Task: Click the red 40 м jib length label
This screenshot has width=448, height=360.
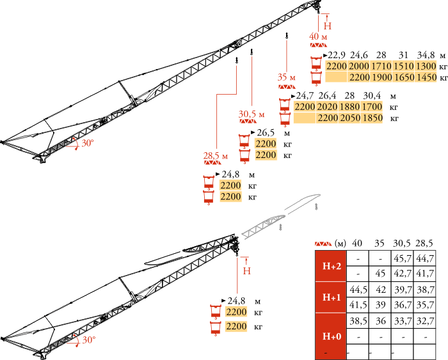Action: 318,36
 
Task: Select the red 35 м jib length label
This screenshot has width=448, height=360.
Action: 286,77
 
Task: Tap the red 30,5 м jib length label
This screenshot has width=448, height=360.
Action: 252,114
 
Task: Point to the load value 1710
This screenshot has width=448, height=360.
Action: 381,67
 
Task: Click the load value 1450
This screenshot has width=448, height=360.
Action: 426,77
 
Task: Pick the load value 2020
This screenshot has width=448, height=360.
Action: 327,107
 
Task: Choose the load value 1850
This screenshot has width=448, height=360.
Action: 372,118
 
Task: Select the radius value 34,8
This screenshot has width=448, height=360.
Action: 426,55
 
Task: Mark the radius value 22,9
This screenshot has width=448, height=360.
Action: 336,55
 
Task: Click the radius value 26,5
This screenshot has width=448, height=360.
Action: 266,132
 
